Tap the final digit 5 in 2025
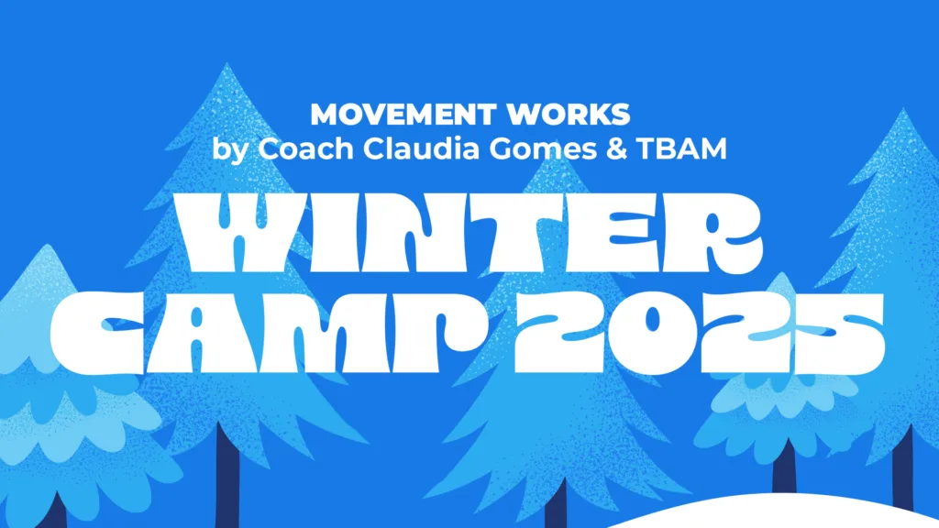834,330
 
